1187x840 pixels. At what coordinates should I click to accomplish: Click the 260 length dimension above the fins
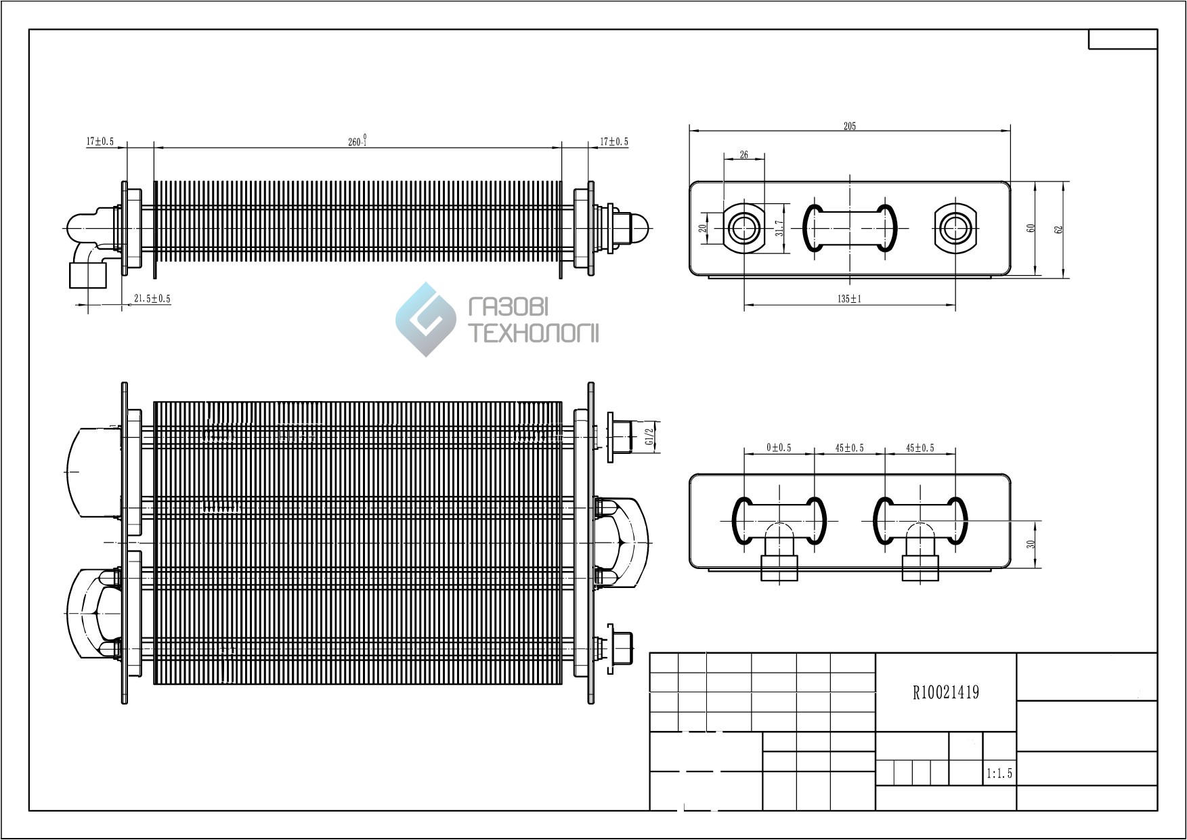coord(357,141)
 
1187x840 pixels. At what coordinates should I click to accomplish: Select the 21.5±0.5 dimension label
coord(152,298)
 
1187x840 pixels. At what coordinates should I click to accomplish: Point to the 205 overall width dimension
coord(850,126)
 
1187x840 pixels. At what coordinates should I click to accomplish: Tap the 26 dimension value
coord(744,155)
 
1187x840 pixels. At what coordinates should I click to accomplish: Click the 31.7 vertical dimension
coord(779,228)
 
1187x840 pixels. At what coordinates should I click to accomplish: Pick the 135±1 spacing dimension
coord(848,299)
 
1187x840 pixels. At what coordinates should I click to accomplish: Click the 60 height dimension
coord(1031,228)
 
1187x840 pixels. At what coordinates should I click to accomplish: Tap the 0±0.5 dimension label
coord(779,448)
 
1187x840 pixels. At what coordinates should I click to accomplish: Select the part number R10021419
coord(946,692)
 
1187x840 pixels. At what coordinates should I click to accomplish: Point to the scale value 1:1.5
coord(999,773)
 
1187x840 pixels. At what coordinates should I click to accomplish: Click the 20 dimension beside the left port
coord(704,228)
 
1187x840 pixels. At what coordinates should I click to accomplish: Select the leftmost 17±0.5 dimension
coord(100,142)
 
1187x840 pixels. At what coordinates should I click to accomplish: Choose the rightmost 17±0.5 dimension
coord(614,142)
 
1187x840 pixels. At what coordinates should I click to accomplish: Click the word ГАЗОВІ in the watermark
coord(508,308)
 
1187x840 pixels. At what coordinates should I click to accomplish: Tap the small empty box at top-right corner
coord(1123,39)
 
